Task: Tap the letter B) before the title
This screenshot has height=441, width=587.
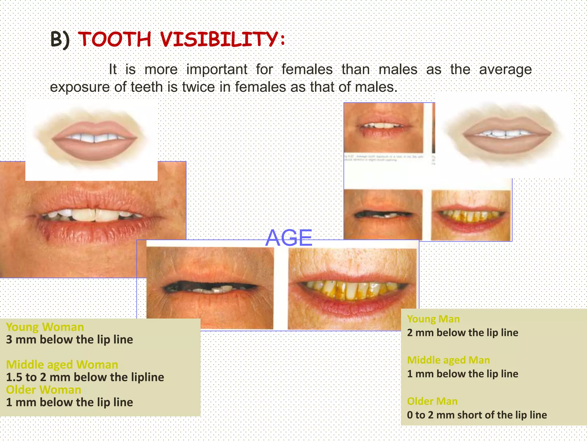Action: pyautogui.click(x=60, y=39)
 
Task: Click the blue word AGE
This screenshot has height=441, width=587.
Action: pyautogui.click(x=289, y=238)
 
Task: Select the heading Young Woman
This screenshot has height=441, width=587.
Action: pyautogui.click(x=45, y=327)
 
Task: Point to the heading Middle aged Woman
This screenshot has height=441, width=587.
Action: pyautogui.click(x=62, y=364)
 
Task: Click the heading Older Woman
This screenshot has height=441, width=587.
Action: pyautogui.click(x=44, y=390)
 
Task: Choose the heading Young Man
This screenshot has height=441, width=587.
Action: pyautogui.click(x=433, y=319)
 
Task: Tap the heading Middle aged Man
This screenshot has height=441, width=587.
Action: pyautogui.click(x=449, y=360)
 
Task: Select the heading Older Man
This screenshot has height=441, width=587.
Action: pyautogui.click(x=432, y=401)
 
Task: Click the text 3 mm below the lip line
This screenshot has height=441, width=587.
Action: pyautogui.click(x=69, y=340)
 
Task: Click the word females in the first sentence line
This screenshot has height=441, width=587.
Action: pyautogui.click(x=307, y=69)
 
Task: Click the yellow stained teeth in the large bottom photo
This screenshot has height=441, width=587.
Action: pyautogui.click(x=353, y=290)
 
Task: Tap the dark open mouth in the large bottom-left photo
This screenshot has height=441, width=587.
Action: pyautogui.click(x=209, y=287)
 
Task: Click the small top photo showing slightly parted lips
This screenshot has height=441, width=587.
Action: pyautogui.click(x=383, y=128)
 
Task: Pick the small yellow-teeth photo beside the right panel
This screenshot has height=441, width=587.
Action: pyautogui.click(x=471, y=215)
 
